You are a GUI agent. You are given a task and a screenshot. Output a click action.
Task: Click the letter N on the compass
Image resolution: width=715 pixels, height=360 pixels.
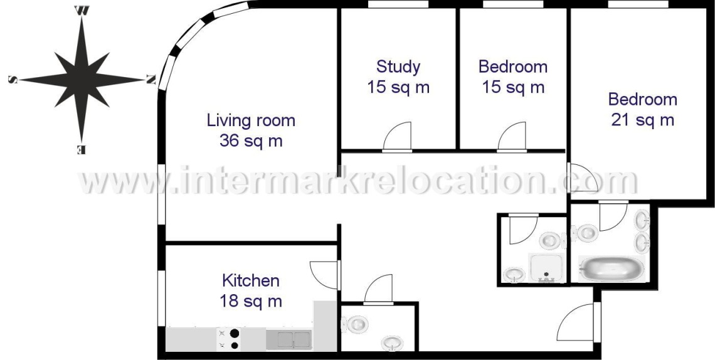coord(151,80)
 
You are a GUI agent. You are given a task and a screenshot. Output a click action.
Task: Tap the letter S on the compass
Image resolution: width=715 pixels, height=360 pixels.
coord(13,80)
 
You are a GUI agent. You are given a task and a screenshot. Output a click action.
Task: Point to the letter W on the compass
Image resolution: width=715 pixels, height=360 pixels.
coord(82,11)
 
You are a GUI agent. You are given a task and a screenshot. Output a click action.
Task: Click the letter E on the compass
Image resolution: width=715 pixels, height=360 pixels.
coord(81,149)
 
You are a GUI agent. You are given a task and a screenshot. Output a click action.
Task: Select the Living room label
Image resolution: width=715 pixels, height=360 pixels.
coord(251,121)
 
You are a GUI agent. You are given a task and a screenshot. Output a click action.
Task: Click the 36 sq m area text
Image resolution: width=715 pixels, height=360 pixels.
coord(251,141)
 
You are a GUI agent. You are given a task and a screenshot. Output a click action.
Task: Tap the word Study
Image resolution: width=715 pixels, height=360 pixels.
coord(398,67)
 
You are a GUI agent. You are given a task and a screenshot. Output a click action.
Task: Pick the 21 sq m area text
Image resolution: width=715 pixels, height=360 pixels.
coord(642,120)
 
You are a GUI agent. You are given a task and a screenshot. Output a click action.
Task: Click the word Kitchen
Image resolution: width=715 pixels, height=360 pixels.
coord(251,281)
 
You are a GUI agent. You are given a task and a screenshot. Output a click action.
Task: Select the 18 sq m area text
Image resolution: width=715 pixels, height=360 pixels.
coord(251,301)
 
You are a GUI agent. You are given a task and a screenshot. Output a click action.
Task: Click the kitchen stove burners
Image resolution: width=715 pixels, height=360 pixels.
coord(228,339)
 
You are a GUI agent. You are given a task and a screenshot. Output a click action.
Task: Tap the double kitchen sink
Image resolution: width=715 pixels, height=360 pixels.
coord(289,339)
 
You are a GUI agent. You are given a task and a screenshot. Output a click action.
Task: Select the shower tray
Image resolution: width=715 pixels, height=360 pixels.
coord(546,268)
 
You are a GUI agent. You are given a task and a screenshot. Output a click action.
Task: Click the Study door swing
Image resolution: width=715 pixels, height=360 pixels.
coord(397,137)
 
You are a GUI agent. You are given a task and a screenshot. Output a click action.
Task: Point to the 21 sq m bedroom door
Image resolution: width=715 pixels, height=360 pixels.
coord(583,177)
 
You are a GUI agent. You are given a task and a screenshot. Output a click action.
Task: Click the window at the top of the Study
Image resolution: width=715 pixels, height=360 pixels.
coord(398,4)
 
